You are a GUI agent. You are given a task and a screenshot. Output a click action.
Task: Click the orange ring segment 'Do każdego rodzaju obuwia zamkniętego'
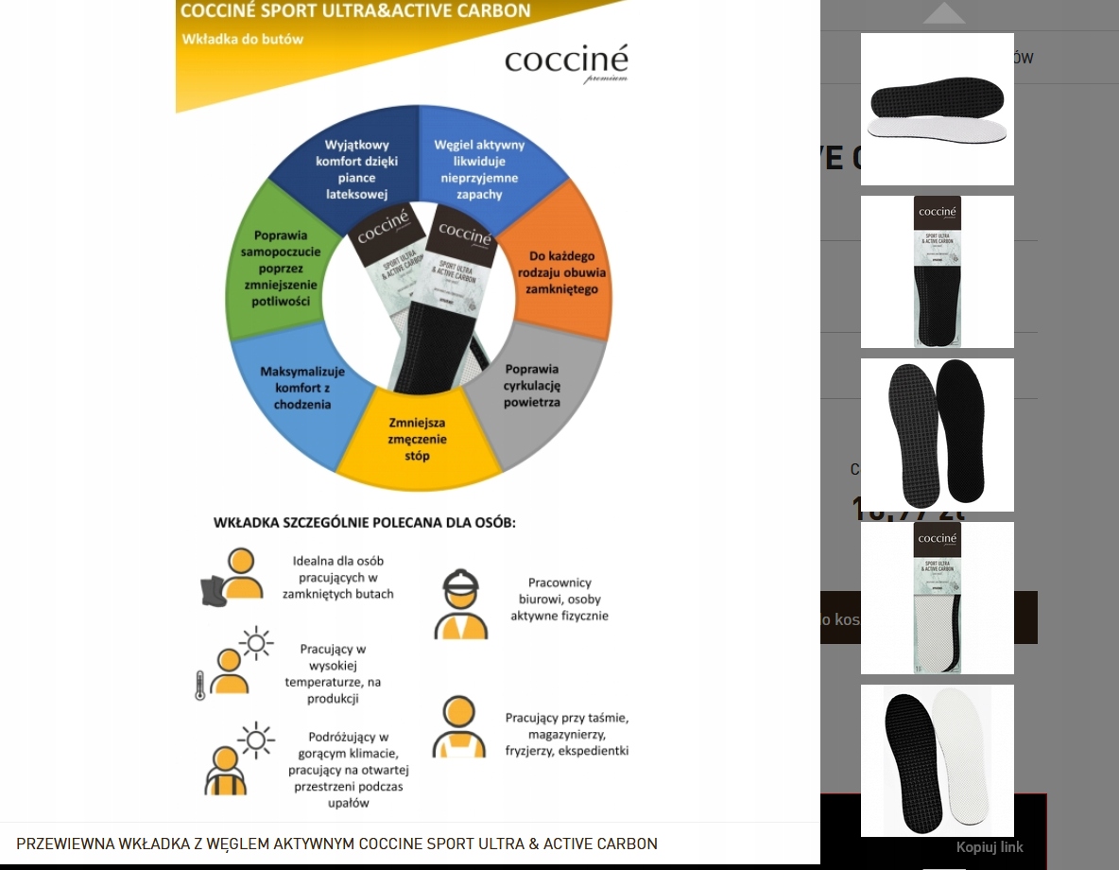pyautogui.click(x=562, y=271)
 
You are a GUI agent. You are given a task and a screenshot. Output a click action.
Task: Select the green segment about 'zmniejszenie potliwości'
pyautogui.click(x=274, y=268)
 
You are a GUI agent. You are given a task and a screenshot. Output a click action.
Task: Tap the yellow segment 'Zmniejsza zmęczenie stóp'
pyautogui.click(x=417, y=439)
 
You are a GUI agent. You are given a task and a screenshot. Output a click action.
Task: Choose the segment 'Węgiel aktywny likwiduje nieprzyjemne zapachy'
pyautogui.click(x=478, y=169)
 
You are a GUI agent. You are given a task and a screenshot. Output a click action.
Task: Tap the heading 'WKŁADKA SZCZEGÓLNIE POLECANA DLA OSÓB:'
pyautogui.click(x=365, y=522)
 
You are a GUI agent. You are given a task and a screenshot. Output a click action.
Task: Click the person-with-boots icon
pyautogui.click(x=232, y=576)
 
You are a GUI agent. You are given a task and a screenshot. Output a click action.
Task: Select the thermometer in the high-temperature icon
pyautogui.click(x=200, y=685)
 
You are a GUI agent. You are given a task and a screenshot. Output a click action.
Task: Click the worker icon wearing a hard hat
pyautogui.click(x=462, y=605)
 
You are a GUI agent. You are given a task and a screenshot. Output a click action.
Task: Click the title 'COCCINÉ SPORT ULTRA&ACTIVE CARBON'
pyautogui.click(x=354, y=11)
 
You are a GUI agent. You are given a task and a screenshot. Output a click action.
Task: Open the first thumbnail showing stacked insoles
pyautogui.click(x=937, y=109)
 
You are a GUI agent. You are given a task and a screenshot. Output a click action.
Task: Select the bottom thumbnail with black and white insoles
pyautogui.click(x=937, y=760)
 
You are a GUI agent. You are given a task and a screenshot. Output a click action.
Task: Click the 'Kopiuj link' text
pyautogui.click(x=990, y=847)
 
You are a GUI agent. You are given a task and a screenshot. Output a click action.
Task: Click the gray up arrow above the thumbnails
pyautogui.click(x=944, y=13)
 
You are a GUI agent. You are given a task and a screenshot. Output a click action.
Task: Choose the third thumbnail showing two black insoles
pyautogui.click(x=937, y=434)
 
